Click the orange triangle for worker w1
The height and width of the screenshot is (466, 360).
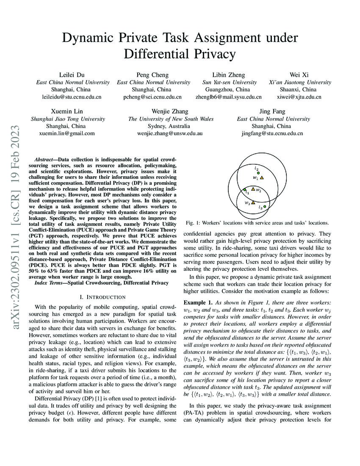tap(262, 178)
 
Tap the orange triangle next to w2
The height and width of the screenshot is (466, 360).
tap(253, 189)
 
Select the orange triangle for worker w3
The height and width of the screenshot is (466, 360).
tap(253, 202)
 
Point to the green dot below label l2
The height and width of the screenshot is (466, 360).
tap(258, 173)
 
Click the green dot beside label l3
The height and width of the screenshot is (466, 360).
tap(265, 206)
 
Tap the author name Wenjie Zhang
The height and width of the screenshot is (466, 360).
tap(170, 111)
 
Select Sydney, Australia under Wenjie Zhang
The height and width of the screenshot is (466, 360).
tap(170, 126)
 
